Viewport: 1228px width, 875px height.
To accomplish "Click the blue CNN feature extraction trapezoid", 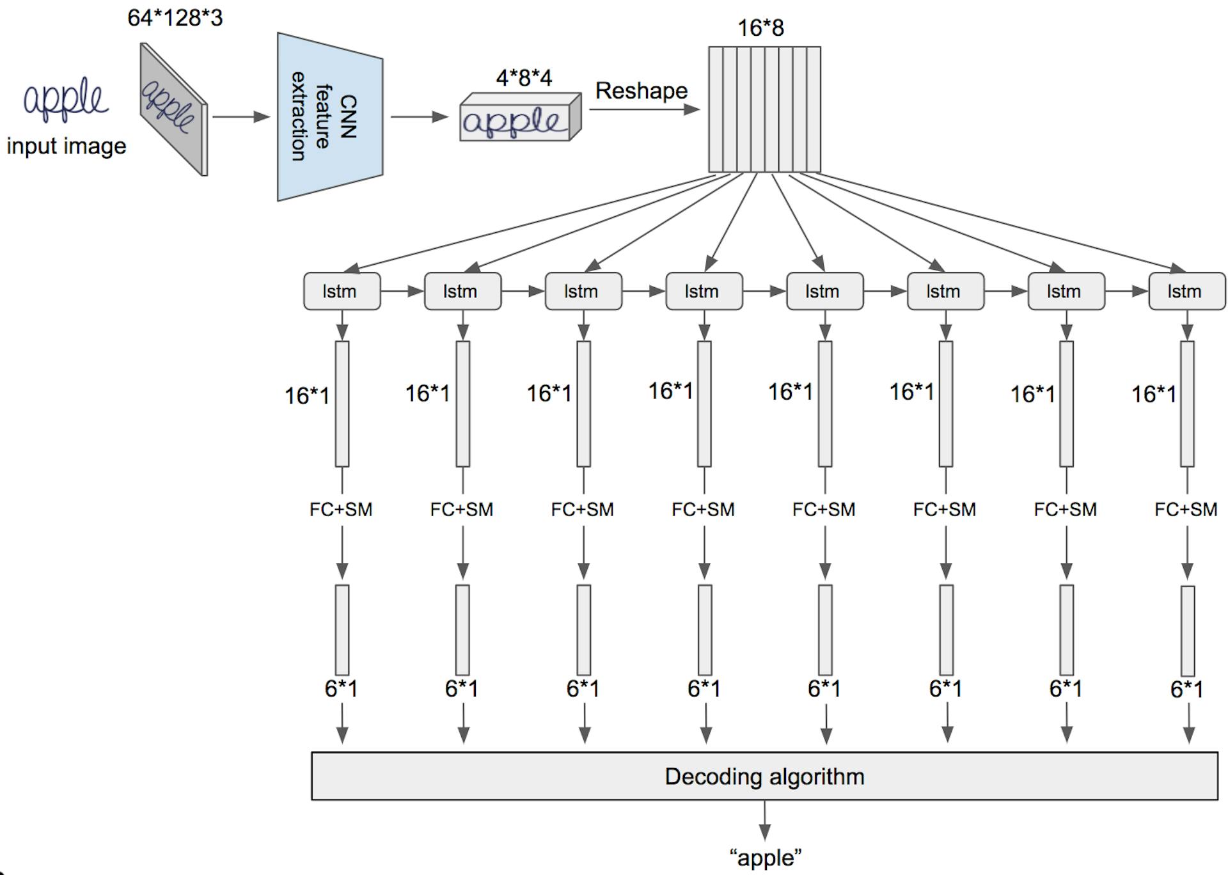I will coord(329,116).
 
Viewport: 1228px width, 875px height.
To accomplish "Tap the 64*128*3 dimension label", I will coord(175,18).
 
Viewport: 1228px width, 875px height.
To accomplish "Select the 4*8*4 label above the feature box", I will coord(523,78).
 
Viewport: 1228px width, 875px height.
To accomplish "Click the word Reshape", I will coord(641,91).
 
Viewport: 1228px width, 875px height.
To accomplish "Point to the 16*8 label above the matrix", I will coord(760,28).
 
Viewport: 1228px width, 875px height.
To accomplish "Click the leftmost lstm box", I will coord(342,292).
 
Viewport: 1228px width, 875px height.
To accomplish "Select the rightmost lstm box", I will coord(1186,292).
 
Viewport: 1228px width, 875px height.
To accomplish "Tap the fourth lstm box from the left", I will coord(704,292).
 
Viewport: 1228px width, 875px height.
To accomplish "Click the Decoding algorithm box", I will coord(764,776).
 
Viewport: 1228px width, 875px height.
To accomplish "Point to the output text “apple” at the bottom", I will coord(765,858).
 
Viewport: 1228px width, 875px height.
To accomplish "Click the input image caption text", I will coord(67,146).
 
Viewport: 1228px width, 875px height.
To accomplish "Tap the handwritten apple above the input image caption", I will coord(65,100).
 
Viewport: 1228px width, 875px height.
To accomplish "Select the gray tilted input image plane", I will coord(173,109).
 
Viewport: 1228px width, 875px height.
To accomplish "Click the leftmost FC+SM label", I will coord(341,510).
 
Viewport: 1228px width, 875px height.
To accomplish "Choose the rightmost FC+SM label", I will coord(1186,510).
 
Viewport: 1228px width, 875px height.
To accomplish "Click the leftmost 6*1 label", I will coord(341,689).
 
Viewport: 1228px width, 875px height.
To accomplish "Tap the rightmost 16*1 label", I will coord(1153,394).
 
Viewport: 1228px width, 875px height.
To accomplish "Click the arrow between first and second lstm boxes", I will coord(402,292).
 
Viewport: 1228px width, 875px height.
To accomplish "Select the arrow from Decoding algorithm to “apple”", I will coord(764,820).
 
